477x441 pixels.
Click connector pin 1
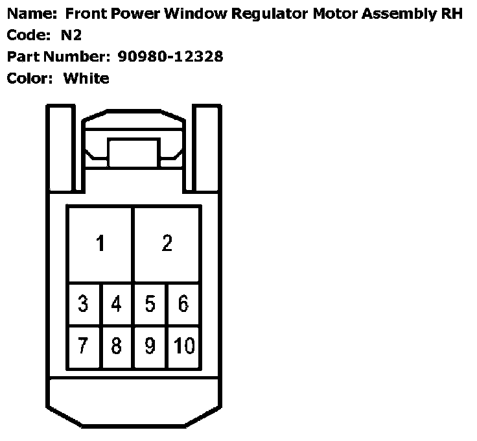[x=100, y=244]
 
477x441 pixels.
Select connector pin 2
[x=167, y=244]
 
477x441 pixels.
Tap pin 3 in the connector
[x=84, y=304]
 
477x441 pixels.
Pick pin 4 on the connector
[x=117, y=304]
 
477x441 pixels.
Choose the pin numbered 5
[x=150, y=304]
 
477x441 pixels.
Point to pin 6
[x=183, y=304]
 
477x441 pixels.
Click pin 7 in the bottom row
[x=84, y=346]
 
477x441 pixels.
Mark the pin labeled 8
[x=117, y=346]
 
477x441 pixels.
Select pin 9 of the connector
[x=150, y=346]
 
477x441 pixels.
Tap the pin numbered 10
[x=184, y=346]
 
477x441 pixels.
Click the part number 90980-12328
[x=170, y=56]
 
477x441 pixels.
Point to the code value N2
[x=71, y=35]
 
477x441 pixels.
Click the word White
[x=86, y=78]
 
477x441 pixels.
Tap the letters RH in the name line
[x=452, y=14]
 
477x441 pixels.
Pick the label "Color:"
[x=30, y=78]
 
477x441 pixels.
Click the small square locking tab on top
[x=133, y=153]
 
